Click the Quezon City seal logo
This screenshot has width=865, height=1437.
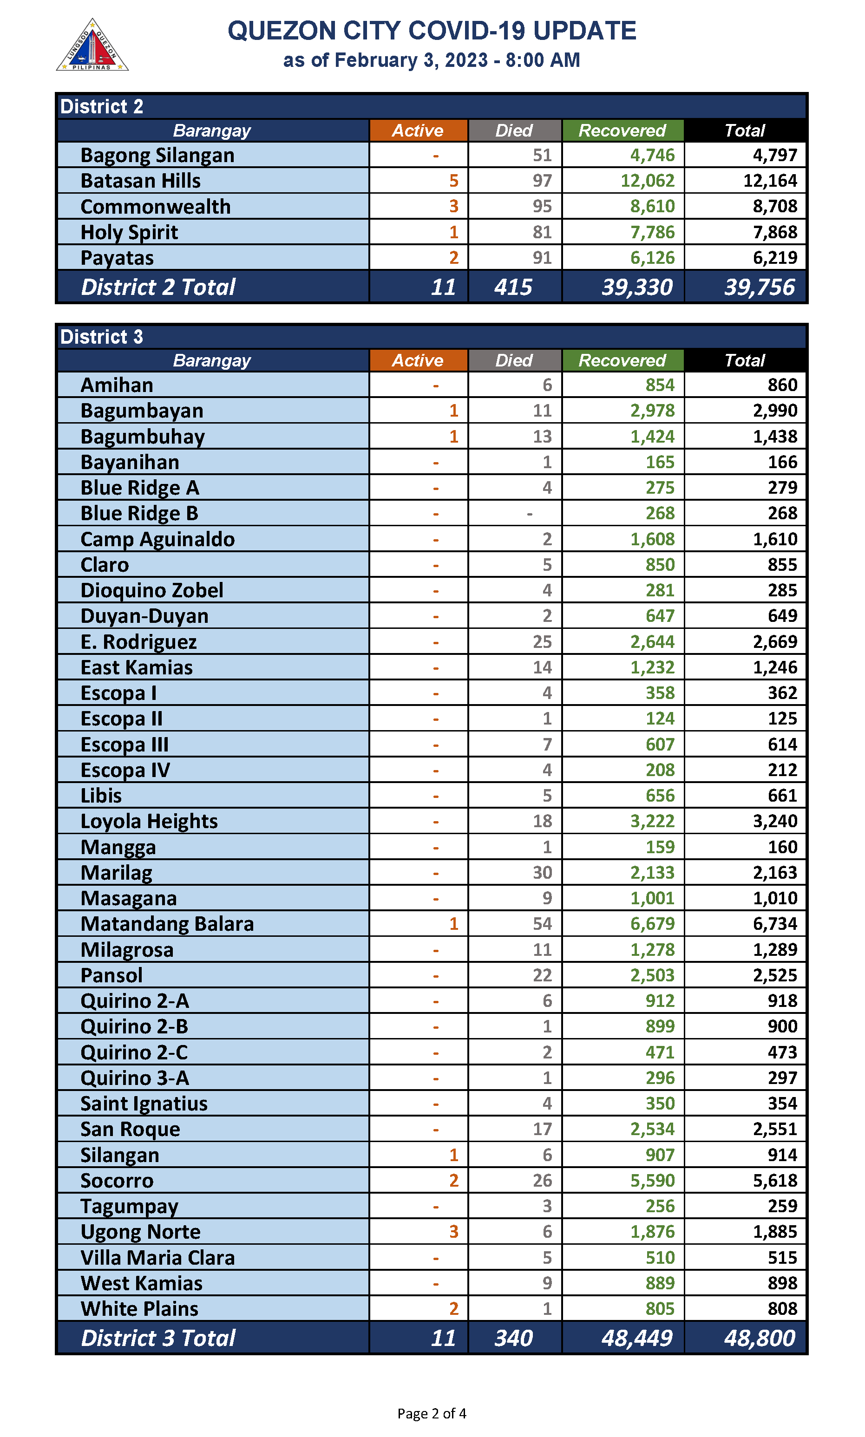point(92,46)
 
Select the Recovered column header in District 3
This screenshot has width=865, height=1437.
point(622,360)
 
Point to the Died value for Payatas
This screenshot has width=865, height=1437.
point(542,258)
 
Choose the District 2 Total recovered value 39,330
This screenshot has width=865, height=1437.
point(636,287)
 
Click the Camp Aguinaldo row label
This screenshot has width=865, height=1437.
point(157,539)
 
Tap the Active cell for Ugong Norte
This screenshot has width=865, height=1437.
point(453,1231)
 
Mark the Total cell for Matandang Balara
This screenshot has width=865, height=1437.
point(775,924)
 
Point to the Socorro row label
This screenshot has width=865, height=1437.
point(117,1180)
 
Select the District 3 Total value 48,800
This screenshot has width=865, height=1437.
point(759,1338)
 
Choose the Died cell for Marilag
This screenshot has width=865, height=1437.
point(542,872)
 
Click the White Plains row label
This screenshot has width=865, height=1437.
point(139,1309)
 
